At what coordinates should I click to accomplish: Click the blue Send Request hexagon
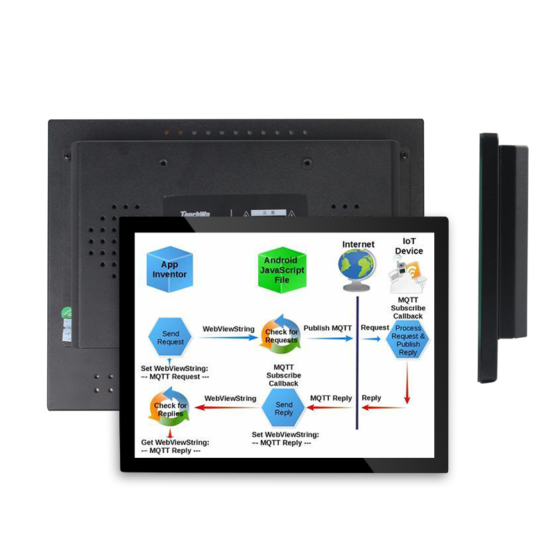(171, 336)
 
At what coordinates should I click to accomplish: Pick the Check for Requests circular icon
(280, 336)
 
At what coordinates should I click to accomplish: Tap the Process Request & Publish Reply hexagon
(408, 338)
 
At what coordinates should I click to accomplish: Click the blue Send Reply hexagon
(284, 408)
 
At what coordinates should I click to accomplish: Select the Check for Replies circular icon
(170, 409)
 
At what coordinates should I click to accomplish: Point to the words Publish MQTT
(327, 328)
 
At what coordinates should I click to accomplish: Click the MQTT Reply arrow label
(330, 398)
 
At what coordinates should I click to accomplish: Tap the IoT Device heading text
(409, 246)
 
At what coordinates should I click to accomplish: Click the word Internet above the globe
(358, 244)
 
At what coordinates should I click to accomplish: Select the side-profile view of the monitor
(502, 257)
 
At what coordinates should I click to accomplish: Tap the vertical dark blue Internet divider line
(357, 361)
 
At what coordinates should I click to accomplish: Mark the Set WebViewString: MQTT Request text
(175, 372)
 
